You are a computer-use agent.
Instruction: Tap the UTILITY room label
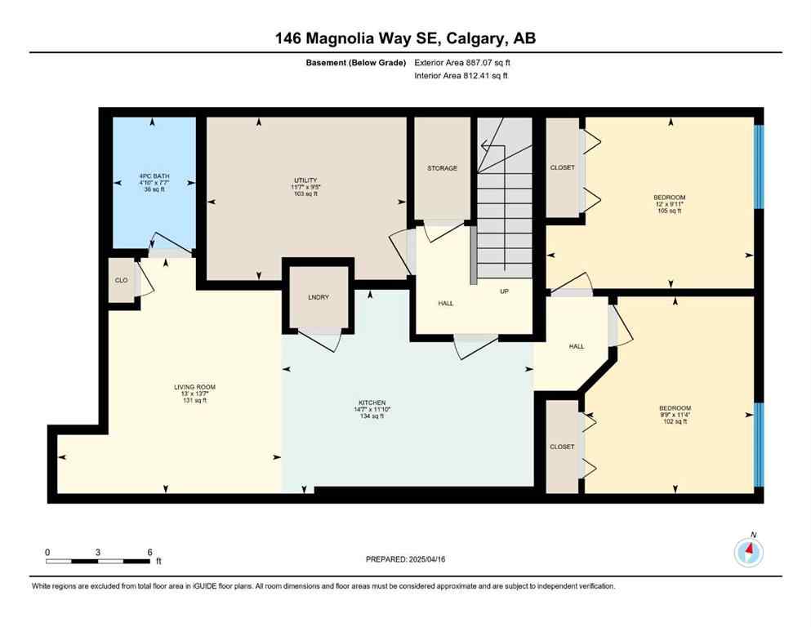click(305, 180)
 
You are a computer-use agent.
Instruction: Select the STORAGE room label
click(442, 168)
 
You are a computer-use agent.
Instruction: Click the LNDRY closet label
click(319, 297)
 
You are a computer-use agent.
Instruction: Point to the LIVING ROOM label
click(194, 387)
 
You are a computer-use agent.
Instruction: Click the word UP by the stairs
click(505, 291)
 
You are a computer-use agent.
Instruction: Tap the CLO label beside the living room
click(121, 281)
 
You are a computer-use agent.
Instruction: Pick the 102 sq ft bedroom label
click(675, 408)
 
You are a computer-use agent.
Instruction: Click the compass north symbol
click(748, 552)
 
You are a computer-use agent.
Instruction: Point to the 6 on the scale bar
click(149, 553)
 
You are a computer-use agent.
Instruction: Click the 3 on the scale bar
click(98, 553)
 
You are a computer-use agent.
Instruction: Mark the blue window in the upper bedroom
click(758, 166)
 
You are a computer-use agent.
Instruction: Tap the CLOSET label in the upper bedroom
click(562, 168)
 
